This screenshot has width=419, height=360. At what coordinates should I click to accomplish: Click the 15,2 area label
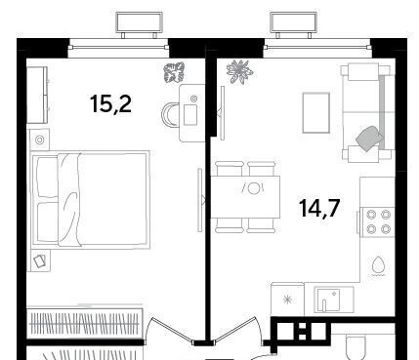(x=110, y=103)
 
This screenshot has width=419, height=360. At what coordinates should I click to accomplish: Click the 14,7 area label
(x=319, y=208)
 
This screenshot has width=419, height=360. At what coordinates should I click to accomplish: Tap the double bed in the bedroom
(x=90, y=198)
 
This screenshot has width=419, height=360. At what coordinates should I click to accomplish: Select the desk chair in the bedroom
(x=170, y=114)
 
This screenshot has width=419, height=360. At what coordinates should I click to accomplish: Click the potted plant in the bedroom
(x=174, y=72)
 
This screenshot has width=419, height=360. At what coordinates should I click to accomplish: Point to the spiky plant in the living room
(x=239, y=72)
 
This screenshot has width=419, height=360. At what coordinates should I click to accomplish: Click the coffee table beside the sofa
(x=315, y=113)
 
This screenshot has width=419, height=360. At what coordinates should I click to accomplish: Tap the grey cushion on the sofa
(x=369, y=139)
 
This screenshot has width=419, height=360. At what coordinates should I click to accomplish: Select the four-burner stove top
(x=379, y=221)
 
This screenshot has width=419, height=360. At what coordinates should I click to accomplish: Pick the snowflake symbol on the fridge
(x=288, y=300)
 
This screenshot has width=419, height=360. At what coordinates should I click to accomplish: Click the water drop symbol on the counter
(x=379, y=266)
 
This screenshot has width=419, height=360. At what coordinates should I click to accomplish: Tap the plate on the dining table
(x=253, y=188)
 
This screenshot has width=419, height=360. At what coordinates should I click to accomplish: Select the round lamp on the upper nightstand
(x=40, y=140)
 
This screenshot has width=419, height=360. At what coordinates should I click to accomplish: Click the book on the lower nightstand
(x=40, y=261)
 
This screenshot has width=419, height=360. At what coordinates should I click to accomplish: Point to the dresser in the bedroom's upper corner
(x=37, y=95)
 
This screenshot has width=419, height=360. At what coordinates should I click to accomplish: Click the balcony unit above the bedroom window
(x=140, y=24)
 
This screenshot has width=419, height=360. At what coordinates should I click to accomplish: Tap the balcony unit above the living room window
(x=294, y=24)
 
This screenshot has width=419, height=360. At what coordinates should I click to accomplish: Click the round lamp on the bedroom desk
(x=193, y=98)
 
